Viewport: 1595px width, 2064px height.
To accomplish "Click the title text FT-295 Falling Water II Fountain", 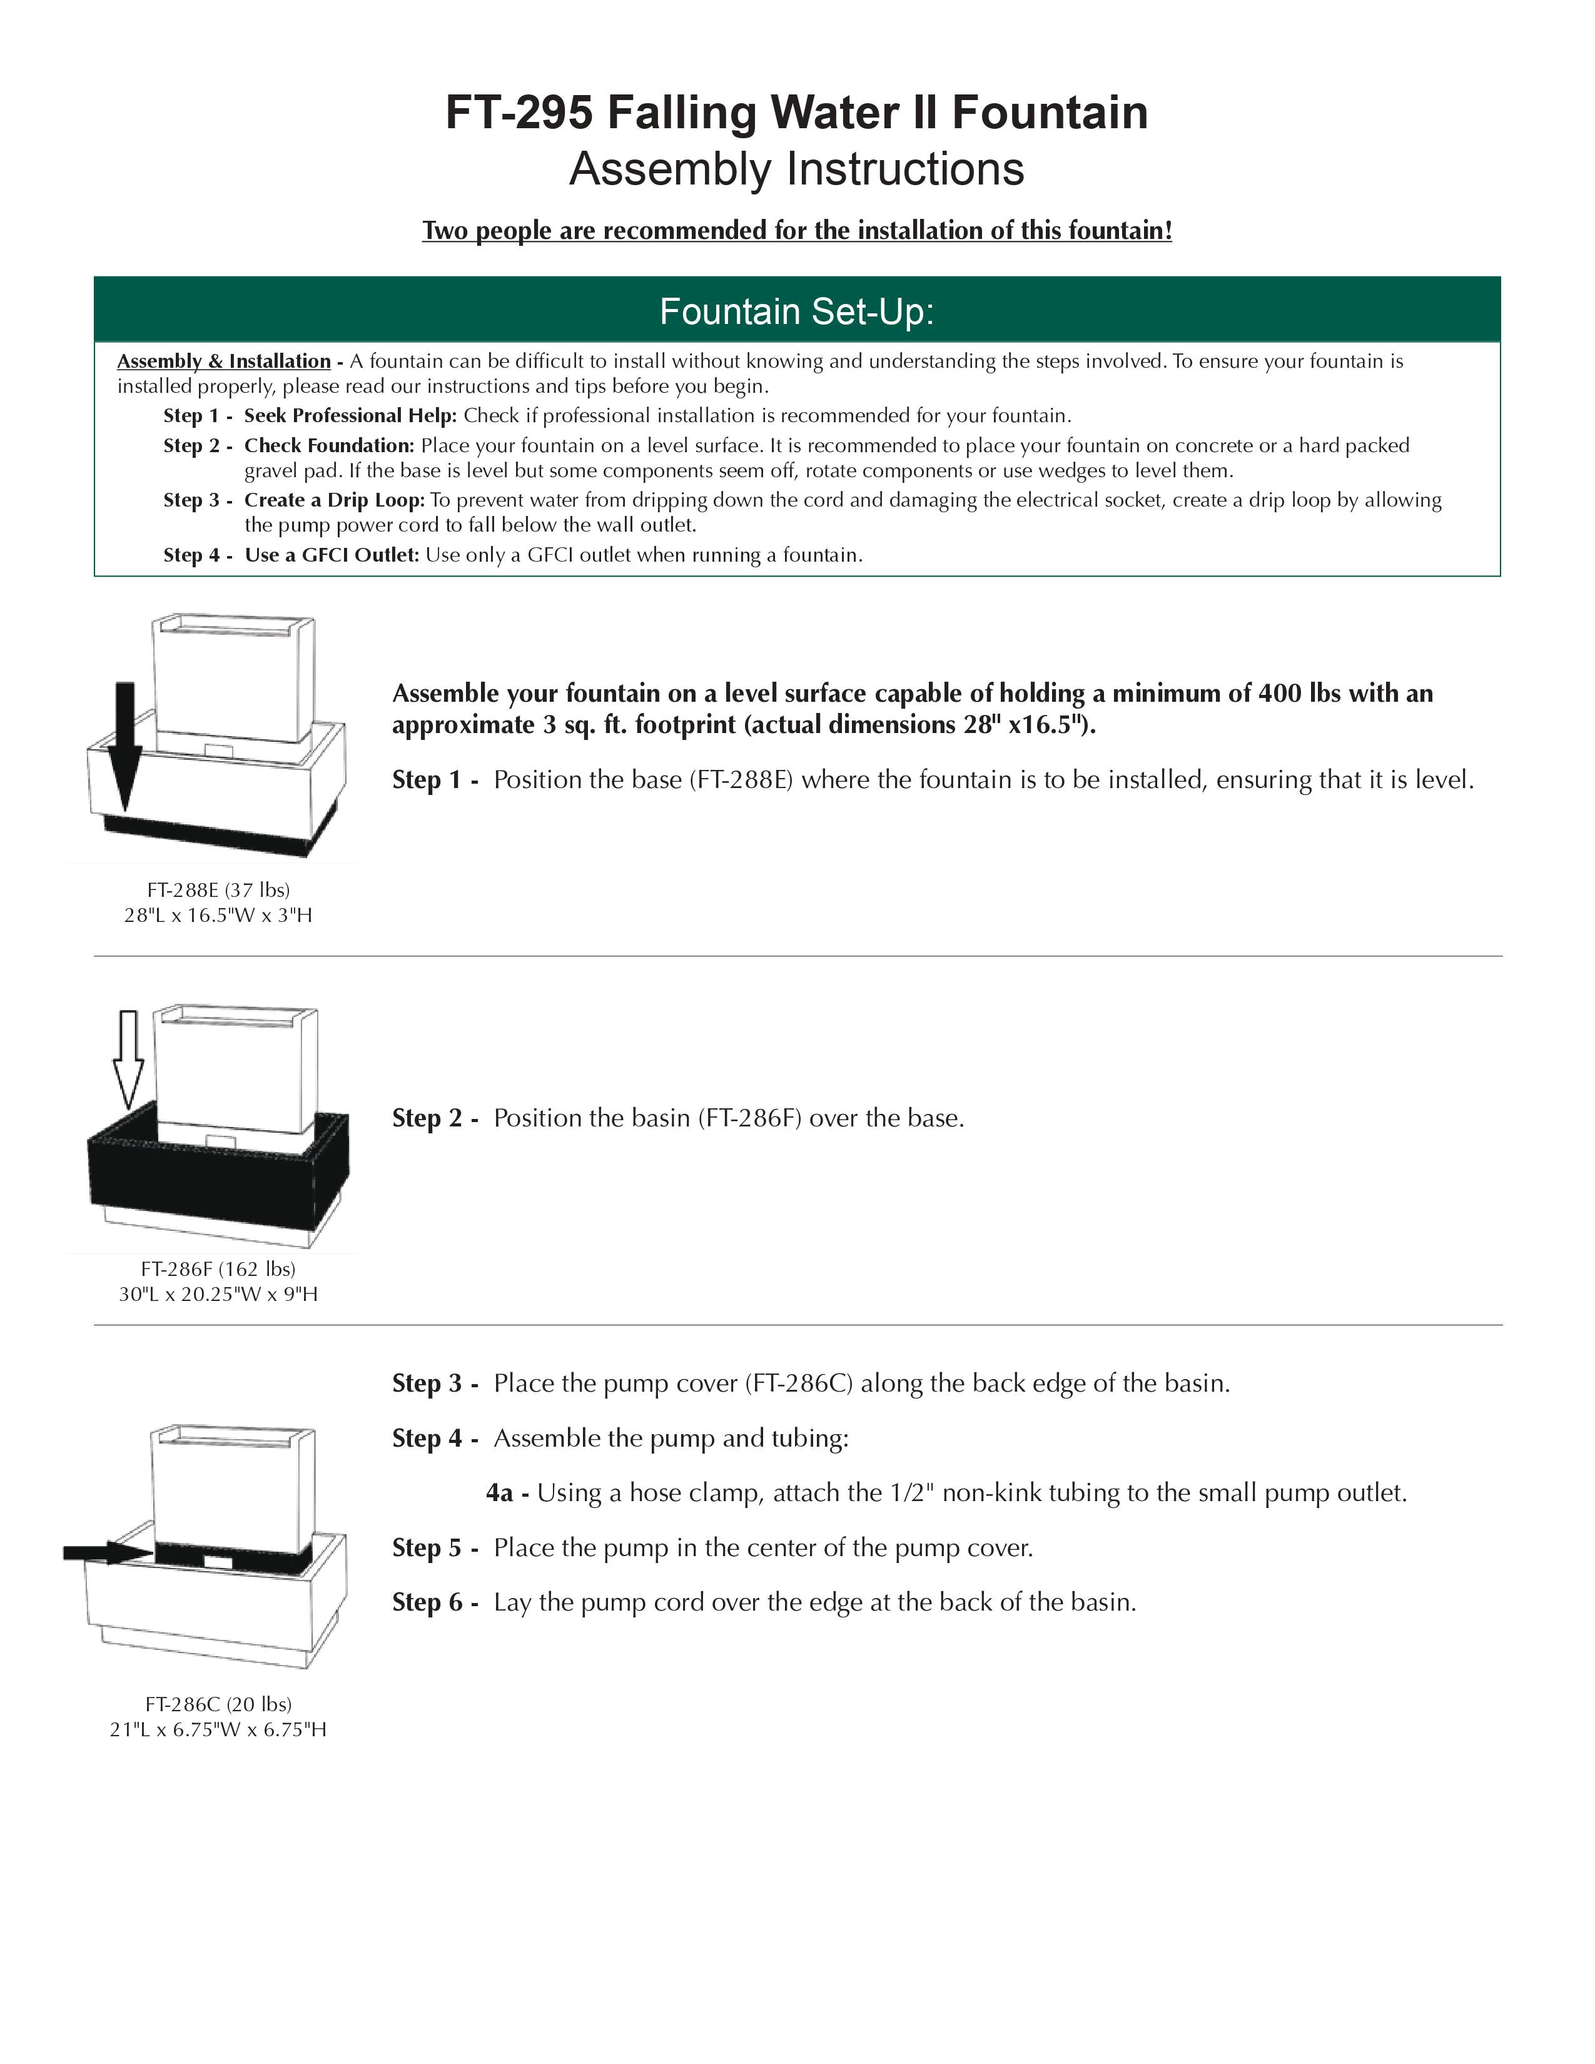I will (796, 113).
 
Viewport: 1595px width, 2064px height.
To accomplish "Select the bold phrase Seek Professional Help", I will (350, 416).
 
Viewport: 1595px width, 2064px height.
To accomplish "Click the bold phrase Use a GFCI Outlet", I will (332, 555).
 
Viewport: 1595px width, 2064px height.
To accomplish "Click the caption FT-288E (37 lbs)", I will (218, 889).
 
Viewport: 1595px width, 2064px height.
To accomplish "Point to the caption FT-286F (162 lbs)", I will (218, 1268).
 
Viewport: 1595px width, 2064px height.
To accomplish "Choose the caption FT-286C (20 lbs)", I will (218, 1704).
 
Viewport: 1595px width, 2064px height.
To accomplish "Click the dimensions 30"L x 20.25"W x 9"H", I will (218, 1294).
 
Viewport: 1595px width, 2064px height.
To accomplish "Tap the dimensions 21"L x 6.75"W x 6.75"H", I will (218, 1729).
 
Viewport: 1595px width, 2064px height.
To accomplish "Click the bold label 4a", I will (500, 1493).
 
